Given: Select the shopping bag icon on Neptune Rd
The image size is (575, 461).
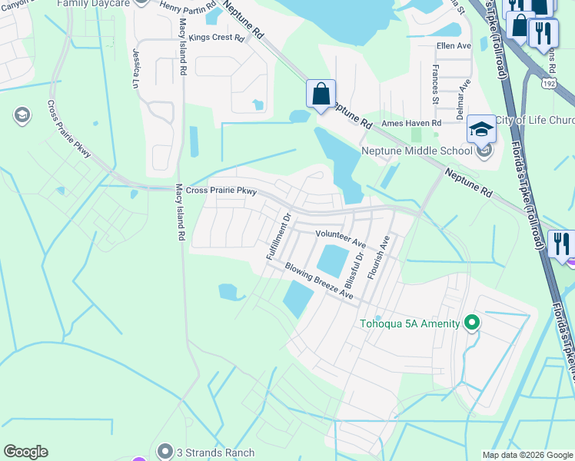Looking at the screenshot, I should pyautogui.click(x=321, y=95).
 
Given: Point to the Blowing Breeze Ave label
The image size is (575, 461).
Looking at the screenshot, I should pyautogui.click(x=319, y=282).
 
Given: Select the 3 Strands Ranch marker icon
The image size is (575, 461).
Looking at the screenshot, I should pyautogui.click(x=164, y=451).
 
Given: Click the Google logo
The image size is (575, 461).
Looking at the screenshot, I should pyautogui.click(x=26, y=452).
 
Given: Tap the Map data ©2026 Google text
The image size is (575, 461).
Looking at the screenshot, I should pyautogui.click(x=527, y=455).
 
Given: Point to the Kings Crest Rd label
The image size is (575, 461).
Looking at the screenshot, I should pyautogui.click(x=216, y=37).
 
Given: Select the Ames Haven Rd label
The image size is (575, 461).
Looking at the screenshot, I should pyautogui.click(x=412, y=123).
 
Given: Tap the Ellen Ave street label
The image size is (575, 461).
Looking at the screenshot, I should pyautogui.click(x=454, y=46).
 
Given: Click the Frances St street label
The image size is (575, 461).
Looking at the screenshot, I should pyautogui.click(x=435, y=85).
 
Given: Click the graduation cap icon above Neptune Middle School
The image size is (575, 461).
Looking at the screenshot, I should pyautogui.click(x=481, y=128).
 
